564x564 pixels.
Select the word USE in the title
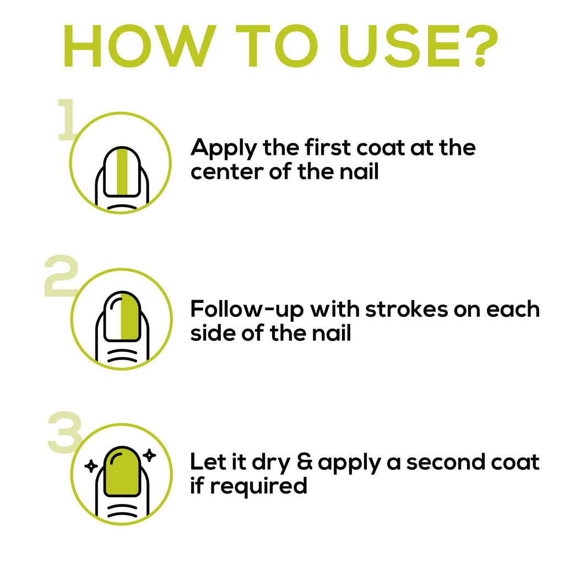click(x=399, y=46)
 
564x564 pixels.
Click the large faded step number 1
click(x=67, y=120)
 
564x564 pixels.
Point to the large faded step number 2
click(x=61, y=276)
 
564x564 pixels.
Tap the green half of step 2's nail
click(x=130, y=316)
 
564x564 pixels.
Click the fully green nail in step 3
click(x=122, y=471)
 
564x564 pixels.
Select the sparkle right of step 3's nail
click(x=149, y=455)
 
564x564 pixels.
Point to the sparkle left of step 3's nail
click(x=91, y=466)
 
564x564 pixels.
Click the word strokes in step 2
click(x=406, y=309)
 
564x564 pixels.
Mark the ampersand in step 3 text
click(x=305, y=462)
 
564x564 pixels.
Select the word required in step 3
click(x=259, y=486)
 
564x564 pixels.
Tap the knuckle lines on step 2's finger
click(x=122, y=356)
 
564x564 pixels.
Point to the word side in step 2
click(x=212, y=333)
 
